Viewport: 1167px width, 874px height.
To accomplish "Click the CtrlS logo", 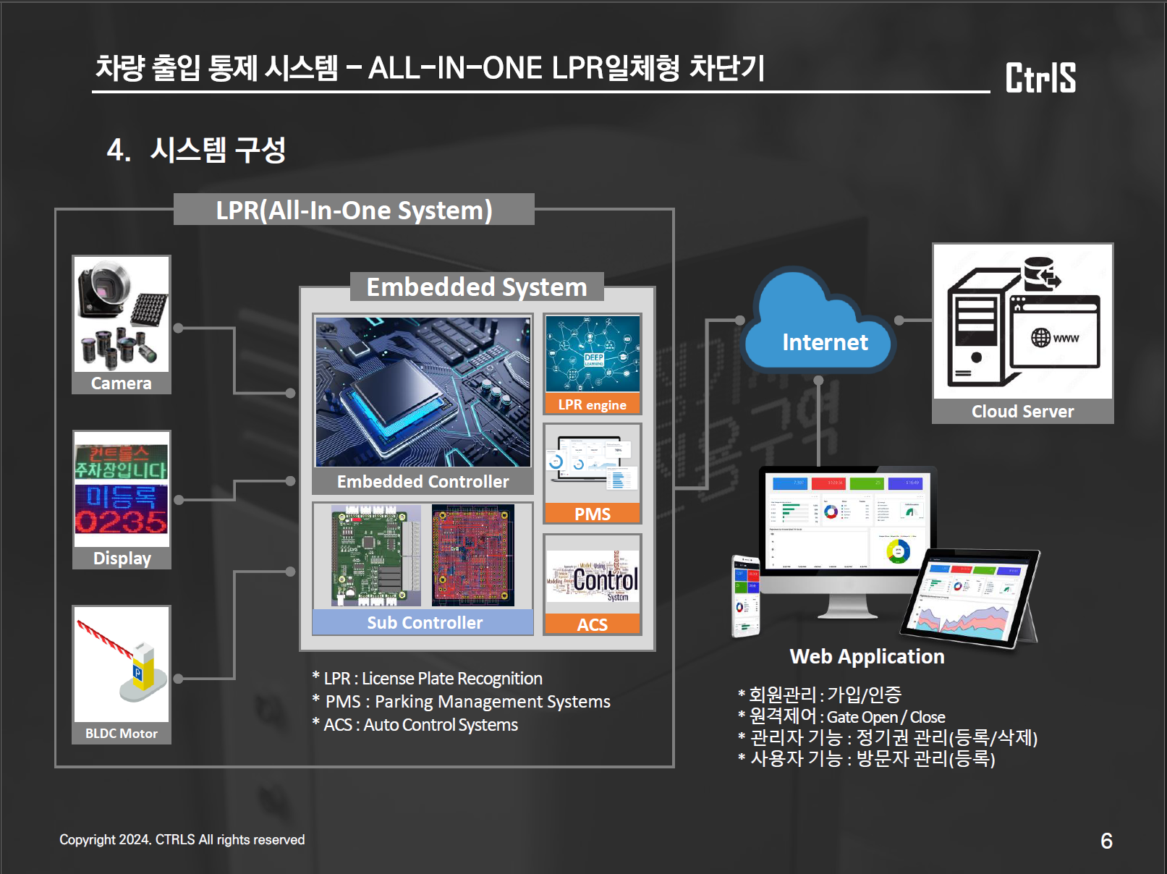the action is pyautogui.click(x=1040, y=77).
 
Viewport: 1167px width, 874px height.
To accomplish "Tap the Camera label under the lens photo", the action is pyautogui.click(x=122, y=383).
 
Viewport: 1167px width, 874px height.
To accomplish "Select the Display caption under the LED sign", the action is pyautogui.click(x=122, y=559).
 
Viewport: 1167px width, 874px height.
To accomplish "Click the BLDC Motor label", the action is pyautogui.click(x=122, y=734).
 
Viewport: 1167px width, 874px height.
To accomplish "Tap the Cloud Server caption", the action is pyautogui.click(x=1022, y=412).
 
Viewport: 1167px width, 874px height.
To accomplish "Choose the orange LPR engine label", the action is pyautogui.click(x=592, y=404).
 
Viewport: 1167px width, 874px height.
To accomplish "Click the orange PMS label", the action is pyautogui.click(x=592, y=514).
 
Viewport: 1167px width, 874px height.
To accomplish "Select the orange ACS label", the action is pyautogui.click(x=592, y=624).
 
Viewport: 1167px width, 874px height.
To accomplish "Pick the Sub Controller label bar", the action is pyautogui.click(x=423, y=623).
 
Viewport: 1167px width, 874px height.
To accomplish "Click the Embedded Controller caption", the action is pyautogui.click(x=423, y=482).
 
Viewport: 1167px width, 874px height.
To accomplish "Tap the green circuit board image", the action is pyautogui.click(x=375, y=556).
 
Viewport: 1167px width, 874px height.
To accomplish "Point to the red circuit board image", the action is pyautogui.click(x=473, y=556).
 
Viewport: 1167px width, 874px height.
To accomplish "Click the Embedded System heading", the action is pyautogui.click(x=476, y=287).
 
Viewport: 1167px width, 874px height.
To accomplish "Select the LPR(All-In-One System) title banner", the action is pyautogui.click(x=354, y=210).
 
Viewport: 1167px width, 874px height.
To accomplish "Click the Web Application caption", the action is pyautogui.click(x=867, y=656).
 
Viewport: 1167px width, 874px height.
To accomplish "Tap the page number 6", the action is pyautogui.click(x=1106, y=841).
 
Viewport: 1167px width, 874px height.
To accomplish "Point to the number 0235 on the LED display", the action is pyautogui.click(x=122, y=522).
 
